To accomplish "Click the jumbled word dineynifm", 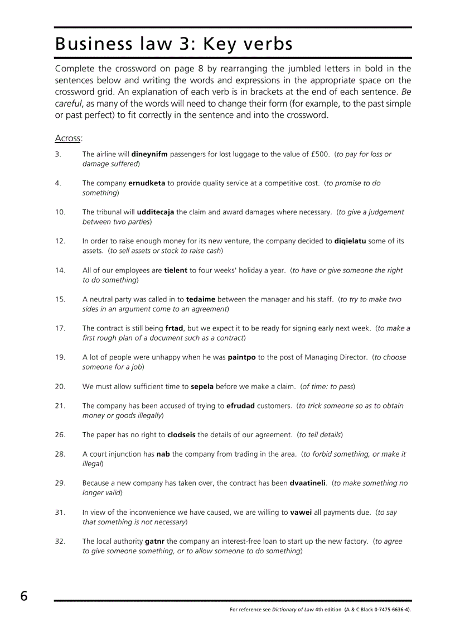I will click(149, 154).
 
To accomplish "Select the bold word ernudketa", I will click(147, 183).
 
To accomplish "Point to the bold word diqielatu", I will click(350, 241).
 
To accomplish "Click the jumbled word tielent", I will click(176, 270).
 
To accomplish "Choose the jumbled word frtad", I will click(174, 328).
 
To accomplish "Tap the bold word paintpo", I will click(241, 357).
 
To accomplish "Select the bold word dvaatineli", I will click(307, 483).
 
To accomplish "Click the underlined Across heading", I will click(68, 138).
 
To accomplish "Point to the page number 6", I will click(24, 596).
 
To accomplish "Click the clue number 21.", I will click(60, 406).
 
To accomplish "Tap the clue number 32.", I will click(60, 541).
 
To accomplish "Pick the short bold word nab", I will click(163, 454).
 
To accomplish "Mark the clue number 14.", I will click(60, 270).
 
